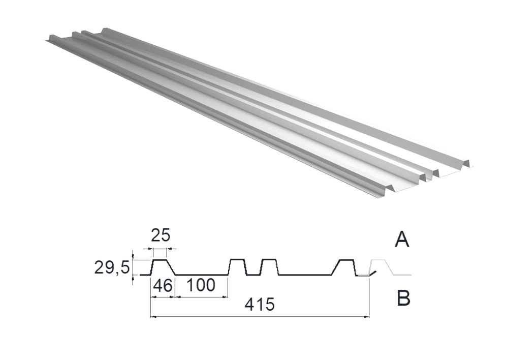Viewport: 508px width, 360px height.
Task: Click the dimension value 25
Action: (x=161, y=236)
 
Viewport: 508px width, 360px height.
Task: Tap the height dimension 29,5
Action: (x=112, y=268)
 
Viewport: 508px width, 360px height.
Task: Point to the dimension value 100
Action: (x=201, y=285)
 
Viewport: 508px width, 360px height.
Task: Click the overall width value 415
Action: (x=260, y=305)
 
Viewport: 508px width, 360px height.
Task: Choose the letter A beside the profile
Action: (x=402, y=241)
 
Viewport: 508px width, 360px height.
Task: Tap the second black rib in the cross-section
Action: (x=238, y=267)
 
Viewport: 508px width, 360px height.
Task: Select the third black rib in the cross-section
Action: (x=270, y=267)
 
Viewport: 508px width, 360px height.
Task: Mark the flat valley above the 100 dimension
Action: (x=202, y=275)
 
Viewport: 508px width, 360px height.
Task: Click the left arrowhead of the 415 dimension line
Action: (x=153, y=316)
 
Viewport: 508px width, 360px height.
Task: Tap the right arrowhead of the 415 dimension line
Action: (x=366, y=316)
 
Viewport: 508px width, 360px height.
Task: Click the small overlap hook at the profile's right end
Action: (x=372, y=273)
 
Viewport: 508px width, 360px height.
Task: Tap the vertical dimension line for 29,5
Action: (x=133, y=267)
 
